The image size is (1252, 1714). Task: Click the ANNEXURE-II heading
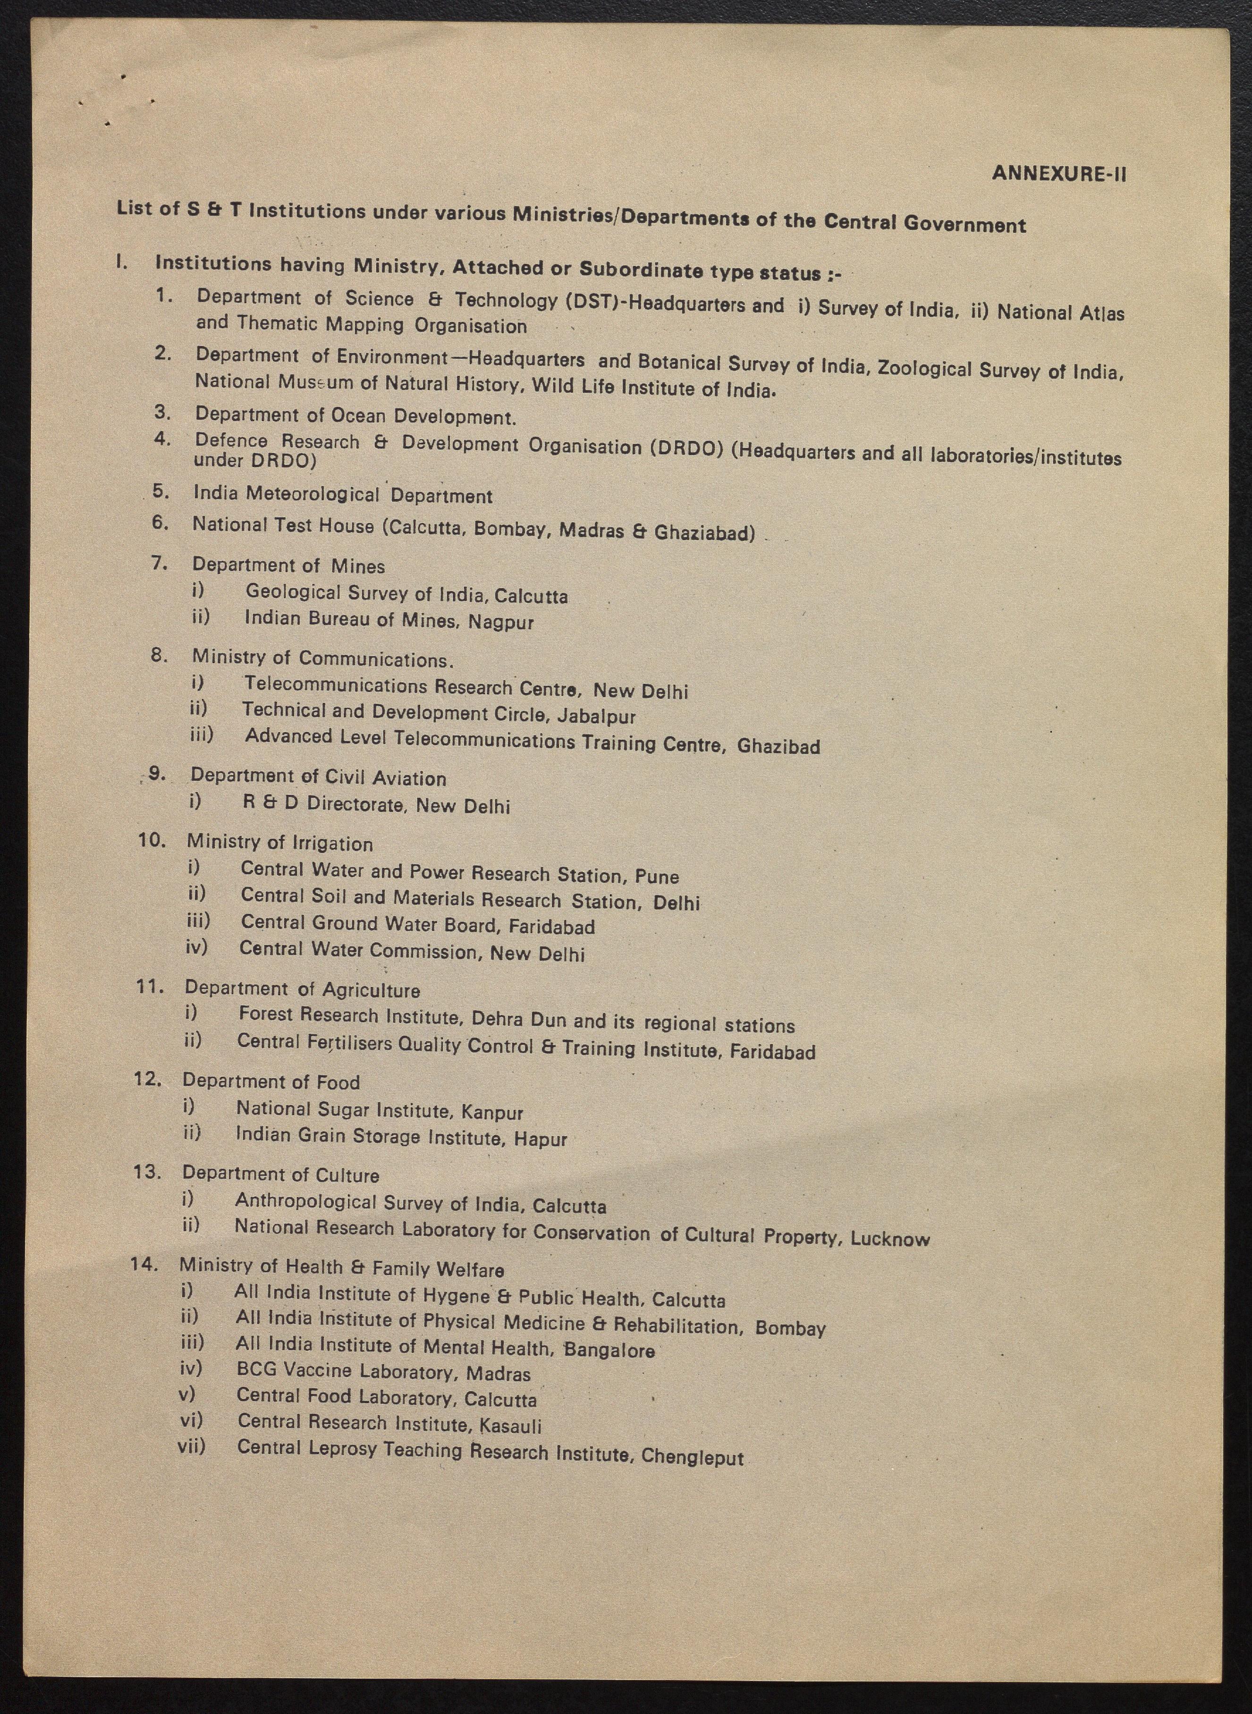point(1059,174)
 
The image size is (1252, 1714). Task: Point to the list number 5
point(161,490)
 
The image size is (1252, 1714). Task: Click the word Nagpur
point(501,622)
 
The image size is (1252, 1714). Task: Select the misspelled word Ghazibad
point(778,746)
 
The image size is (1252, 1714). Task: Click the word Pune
point(657,877)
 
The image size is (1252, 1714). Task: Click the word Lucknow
point(890,1239)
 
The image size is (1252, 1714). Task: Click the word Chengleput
point(693,1457)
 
